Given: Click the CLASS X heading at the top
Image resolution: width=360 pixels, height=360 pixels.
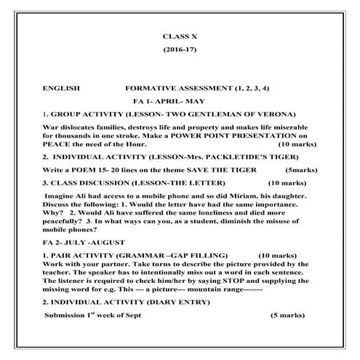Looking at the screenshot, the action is (x=180, y=36).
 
